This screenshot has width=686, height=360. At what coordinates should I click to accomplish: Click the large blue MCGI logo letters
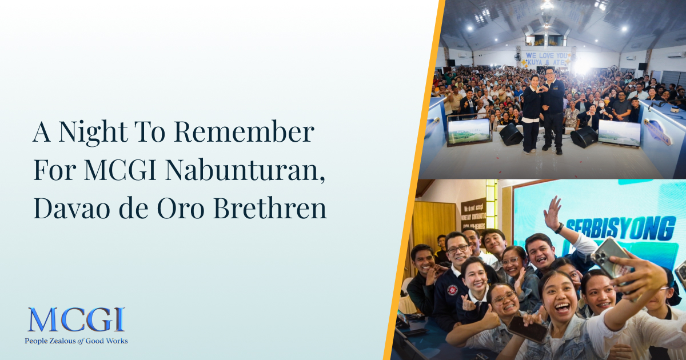click(x=76, y=321)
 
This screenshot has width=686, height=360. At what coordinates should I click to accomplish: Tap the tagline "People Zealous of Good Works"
click(x=76, y=341)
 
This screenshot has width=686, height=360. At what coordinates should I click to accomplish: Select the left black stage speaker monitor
click(x=510, y=134)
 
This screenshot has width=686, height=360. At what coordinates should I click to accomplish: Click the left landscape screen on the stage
click(x=469, y=131)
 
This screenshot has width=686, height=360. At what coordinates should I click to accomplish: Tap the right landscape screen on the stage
click(x=619, y=133)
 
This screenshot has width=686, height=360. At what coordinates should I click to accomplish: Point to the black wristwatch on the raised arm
click(x=559, y=227)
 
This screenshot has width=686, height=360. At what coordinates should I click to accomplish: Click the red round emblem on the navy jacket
click(x=452, y=290)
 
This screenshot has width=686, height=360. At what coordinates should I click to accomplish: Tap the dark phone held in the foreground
click(x=527, y=330)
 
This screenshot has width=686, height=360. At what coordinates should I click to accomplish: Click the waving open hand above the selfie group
click(x=552, y=213)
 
